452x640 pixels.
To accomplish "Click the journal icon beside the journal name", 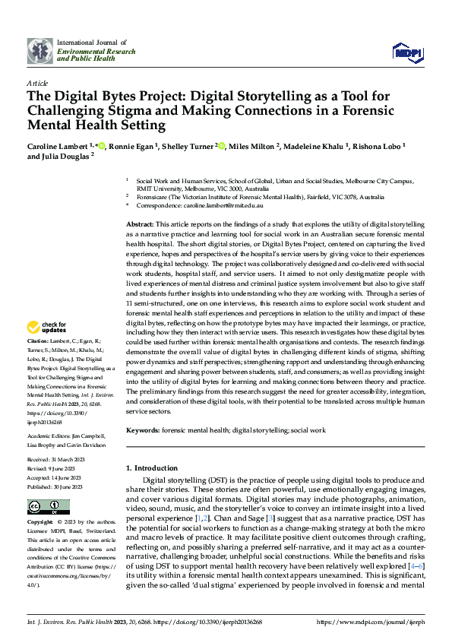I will coord(39,50).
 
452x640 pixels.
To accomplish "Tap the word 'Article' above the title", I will coord(37,83).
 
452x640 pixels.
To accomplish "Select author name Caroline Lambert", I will coord(58,145).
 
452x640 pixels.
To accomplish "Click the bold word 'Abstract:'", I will coord(139,226).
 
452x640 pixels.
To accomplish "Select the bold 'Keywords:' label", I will coord(144,430).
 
